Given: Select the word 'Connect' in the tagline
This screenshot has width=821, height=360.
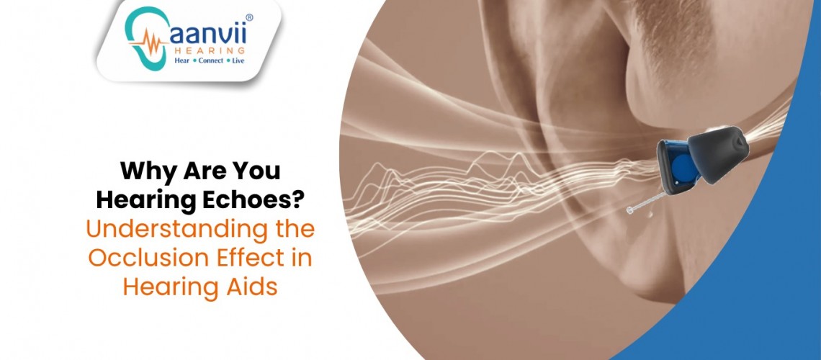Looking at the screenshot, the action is [211, 60].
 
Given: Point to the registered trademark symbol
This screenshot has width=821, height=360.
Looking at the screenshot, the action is [249, 18].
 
